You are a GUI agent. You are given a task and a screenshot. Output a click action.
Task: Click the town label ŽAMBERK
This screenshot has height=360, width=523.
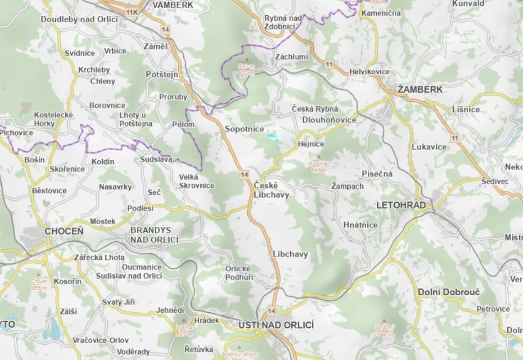tap(420, 90)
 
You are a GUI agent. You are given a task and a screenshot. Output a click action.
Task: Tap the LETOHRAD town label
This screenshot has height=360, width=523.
tap(401, 205)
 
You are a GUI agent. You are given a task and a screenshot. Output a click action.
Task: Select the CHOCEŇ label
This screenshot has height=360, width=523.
tap(64, 231)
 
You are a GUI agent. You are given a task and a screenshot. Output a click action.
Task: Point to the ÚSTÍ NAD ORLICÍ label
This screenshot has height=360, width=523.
tap(276, 325)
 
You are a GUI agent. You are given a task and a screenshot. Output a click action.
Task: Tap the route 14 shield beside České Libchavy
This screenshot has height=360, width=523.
tap(244, 174)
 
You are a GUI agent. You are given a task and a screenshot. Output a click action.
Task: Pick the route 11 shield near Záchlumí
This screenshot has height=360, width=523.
tap(329, 64)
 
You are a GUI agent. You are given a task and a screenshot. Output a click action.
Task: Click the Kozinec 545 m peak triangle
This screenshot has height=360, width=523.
tap(319, 157)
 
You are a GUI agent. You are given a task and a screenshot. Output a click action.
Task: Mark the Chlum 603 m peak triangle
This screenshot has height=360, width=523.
tap(246, 59)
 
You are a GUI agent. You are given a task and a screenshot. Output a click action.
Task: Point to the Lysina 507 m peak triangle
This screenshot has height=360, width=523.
tap(183, 320)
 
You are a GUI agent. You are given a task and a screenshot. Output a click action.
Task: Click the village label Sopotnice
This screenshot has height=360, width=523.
tap(244, 129)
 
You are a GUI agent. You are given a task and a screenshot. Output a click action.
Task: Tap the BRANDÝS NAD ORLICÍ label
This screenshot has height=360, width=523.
tap(154, 235)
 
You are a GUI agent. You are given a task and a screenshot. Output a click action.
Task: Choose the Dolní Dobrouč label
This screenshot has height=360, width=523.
tap(448, 292)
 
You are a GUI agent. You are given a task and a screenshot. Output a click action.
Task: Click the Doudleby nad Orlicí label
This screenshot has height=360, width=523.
tap(79, 19)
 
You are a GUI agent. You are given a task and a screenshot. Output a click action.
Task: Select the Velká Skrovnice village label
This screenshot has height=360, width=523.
tap(196, 181)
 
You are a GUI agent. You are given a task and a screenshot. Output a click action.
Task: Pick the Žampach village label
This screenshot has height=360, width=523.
tap(347, 186)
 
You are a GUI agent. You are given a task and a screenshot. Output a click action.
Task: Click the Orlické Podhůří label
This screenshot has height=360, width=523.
tap(239, 273)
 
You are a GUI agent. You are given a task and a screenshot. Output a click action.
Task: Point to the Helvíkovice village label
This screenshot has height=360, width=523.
tap(369, 72)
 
